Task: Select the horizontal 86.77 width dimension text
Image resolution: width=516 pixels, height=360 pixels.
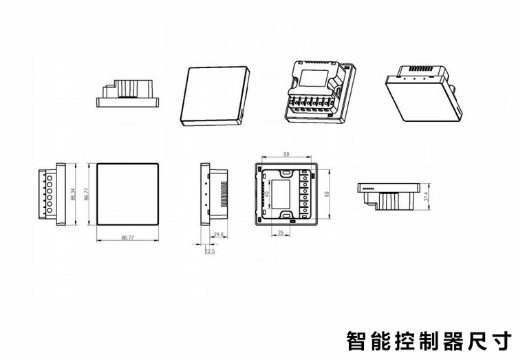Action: [127, 237]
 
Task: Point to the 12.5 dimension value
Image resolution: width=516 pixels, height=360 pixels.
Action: [210, 251]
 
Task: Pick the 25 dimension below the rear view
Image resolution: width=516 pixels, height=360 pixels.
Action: [282, 232]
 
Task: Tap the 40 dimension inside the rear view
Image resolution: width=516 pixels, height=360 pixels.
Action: [266, 195]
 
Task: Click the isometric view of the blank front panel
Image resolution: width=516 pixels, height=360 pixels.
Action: [215, 96]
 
